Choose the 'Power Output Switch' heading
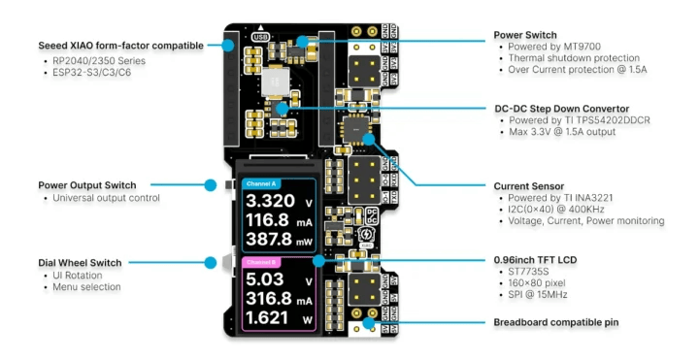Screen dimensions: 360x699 tap(87, 185)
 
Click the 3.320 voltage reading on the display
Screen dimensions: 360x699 tap(269, 202)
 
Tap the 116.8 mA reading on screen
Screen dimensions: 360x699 tap(269, 221)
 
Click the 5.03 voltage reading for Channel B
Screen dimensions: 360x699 tap(263, 279)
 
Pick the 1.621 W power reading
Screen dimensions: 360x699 tap(269, 318)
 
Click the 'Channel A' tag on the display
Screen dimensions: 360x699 tap(263, 184)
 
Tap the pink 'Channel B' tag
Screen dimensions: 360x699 tap(263, 263)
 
